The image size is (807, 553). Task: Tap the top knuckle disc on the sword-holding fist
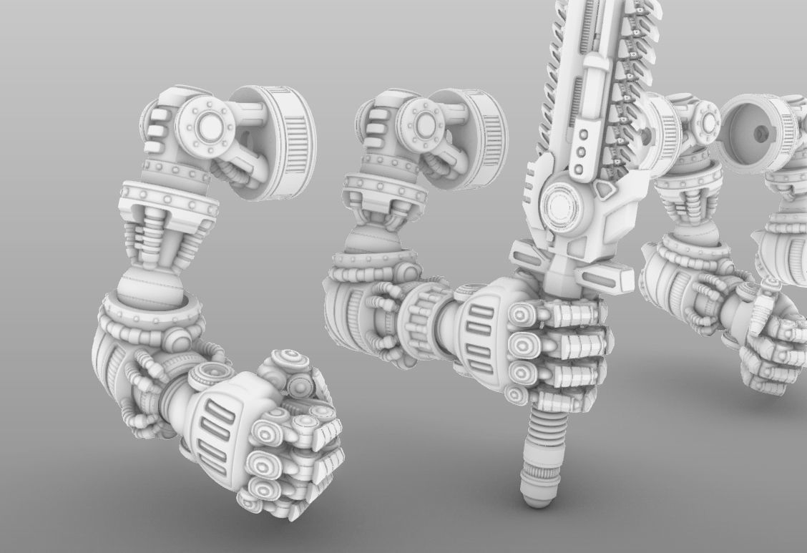[522, 313]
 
